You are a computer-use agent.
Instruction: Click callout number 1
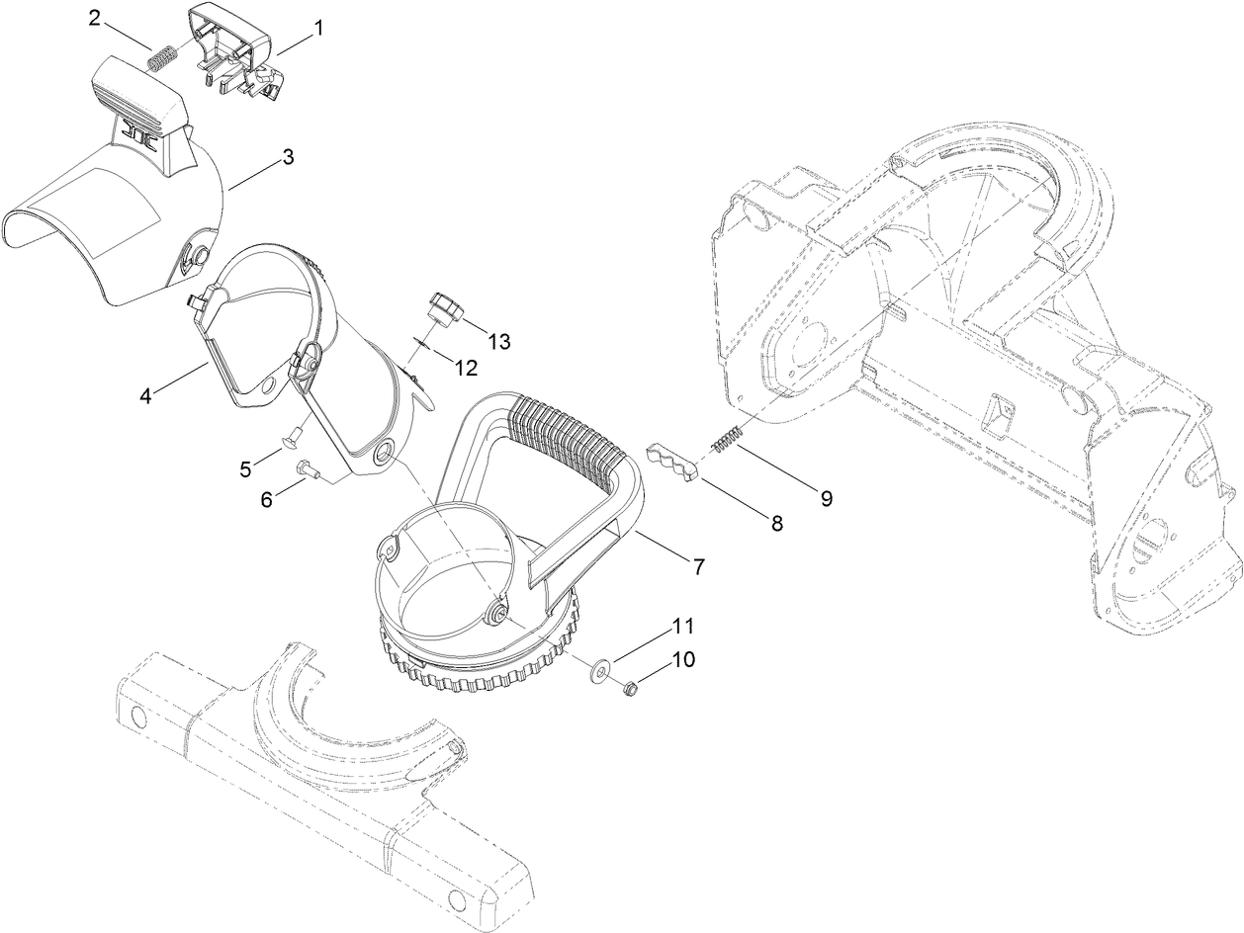318,30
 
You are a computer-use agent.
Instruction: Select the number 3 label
287,156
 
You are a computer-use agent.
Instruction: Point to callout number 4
145,395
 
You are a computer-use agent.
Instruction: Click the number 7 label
699,566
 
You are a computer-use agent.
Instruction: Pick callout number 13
498,341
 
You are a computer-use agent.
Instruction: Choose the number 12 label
465,368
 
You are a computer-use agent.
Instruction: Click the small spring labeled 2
160,58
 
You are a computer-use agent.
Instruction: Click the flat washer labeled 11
599,673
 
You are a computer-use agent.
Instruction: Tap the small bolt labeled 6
306,468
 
